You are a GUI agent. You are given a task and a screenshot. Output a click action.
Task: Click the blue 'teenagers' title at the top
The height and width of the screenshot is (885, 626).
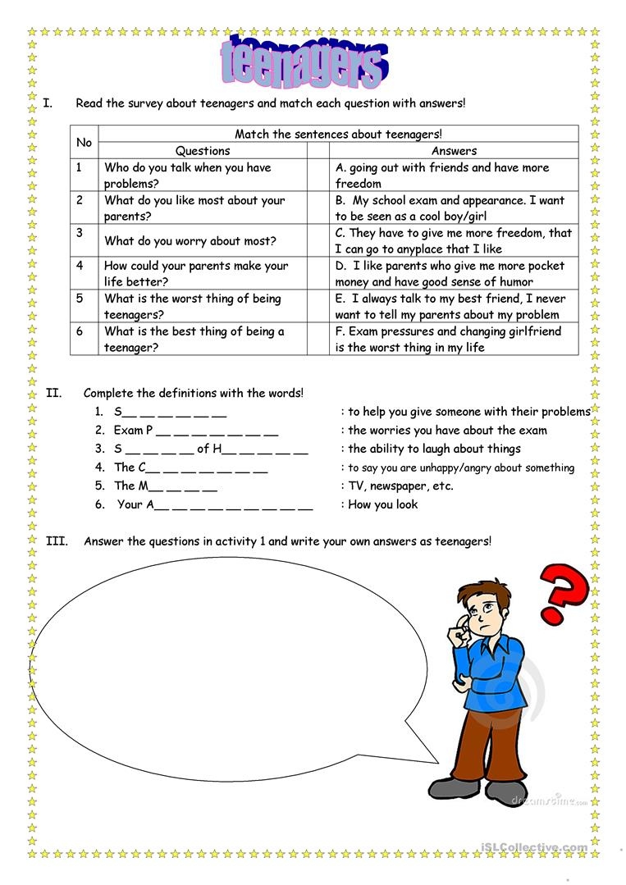[304, 62]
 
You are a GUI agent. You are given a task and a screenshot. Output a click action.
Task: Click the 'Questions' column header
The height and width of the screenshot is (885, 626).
[203, 151]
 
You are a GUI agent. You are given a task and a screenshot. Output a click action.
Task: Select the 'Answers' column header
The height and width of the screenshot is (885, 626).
[454, 151]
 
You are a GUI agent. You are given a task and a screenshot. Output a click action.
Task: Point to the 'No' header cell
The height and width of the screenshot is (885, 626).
[84, 142]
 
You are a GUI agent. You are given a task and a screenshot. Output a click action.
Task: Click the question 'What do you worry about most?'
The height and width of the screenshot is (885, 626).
[190, 241]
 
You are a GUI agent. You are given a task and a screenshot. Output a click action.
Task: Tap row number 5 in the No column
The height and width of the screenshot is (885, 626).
[80, 299]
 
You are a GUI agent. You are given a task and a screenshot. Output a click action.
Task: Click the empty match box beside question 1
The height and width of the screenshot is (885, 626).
[318, 176]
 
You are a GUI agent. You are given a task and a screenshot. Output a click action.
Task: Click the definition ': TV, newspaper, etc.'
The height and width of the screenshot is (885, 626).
[397, 486]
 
